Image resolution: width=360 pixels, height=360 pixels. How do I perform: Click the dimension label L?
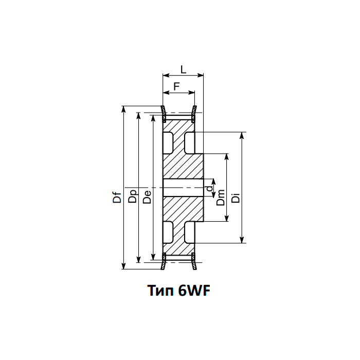pyautogui.click(x=183, y=69)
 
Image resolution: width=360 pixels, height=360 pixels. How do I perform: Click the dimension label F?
pyautogui.click(x=176, y=86)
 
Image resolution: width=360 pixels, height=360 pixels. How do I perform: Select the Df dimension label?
pyautogui.click(x=118, y=196)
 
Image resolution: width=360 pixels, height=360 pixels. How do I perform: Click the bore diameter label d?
pyautogui.click(x=208, y=189)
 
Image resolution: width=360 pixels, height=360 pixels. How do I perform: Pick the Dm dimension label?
pyautogui.click(x=221, y=196)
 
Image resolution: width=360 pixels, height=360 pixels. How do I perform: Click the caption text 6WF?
pyautogui.click(x=194, y=291)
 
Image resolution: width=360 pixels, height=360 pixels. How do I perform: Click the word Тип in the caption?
pyautogui.click(x=161, y=291)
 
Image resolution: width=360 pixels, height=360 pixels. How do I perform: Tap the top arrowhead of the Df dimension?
pyautogui.click(x=124, y=112)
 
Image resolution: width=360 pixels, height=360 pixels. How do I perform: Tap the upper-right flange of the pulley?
pyautogui.click(x=195, y=114)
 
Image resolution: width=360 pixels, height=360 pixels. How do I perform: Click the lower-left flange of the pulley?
pyautogui.click(x=164, y=261)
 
